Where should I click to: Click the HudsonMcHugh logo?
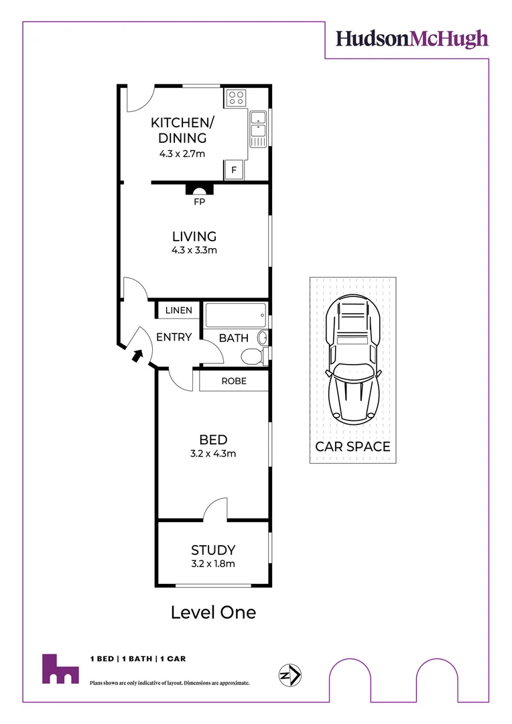coord(411,39)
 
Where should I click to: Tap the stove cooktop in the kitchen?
coord(236,98)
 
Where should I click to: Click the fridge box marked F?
coord(234,170)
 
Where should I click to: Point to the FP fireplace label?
coord(198,201)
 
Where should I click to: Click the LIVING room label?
coord(194,237)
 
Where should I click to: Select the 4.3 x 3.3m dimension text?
coord(194,251)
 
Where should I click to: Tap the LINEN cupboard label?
coord(178,310)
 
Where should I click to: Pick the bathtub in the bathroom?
coord(235,315)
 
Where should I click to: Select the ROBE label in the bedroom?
coord(234,381)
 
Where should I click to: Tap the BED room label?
coord(213,440)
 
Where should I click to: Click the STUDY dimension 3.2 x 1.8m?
coord(213,563)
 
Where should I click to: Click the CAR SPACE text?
coord(353,446)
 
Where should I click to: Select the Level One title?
coord(213,612)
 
